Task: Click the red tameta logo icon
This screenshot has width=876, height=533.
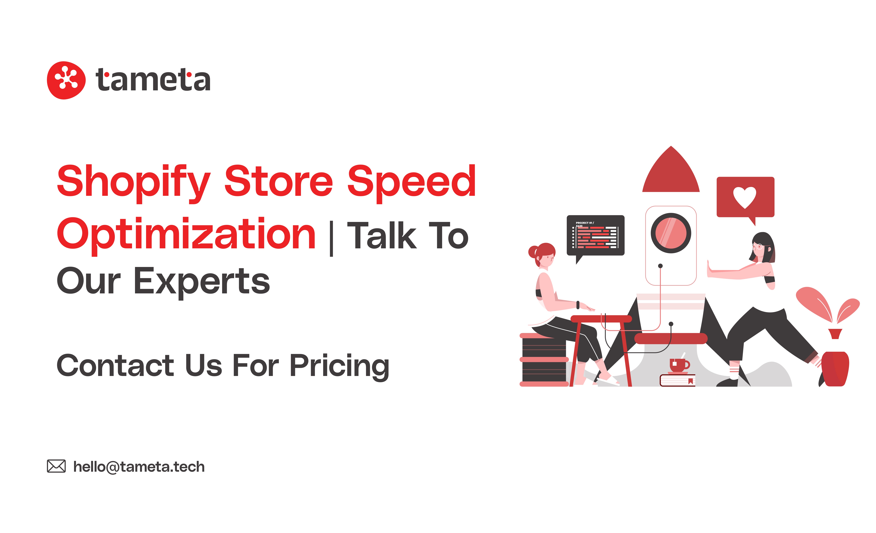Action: [x=66, y=80]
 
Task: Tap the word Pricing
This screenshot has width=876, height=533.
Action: [x=339, y=366]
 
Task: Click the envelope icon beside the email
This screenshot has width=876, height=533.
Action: [x=56, y=466]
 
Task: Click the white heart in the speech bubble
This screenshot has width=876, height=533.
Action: [x=744, y=197]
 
